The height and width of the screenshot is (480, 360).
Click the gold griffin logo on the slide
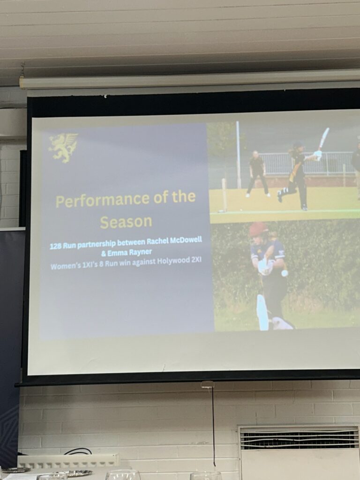(63, 148)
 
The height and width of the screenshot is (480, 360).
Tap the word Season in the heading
(126, 222)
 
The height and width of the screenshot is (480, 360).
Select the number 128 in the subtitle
(55, 247)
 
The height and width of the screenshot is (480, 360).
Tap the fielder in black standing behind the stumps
(258, 173)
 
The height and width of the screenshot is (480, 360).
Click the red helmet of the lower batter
(258, 229)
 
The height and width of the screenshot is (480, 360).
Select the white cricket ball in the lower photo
(285, 273)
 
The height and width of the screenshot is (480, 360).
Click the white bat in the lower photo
(262, 312)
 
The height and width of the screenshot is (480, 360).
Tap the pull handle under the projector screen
(208, 384)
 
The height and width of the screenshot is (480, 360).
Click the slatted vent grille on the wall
(299, 438)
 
